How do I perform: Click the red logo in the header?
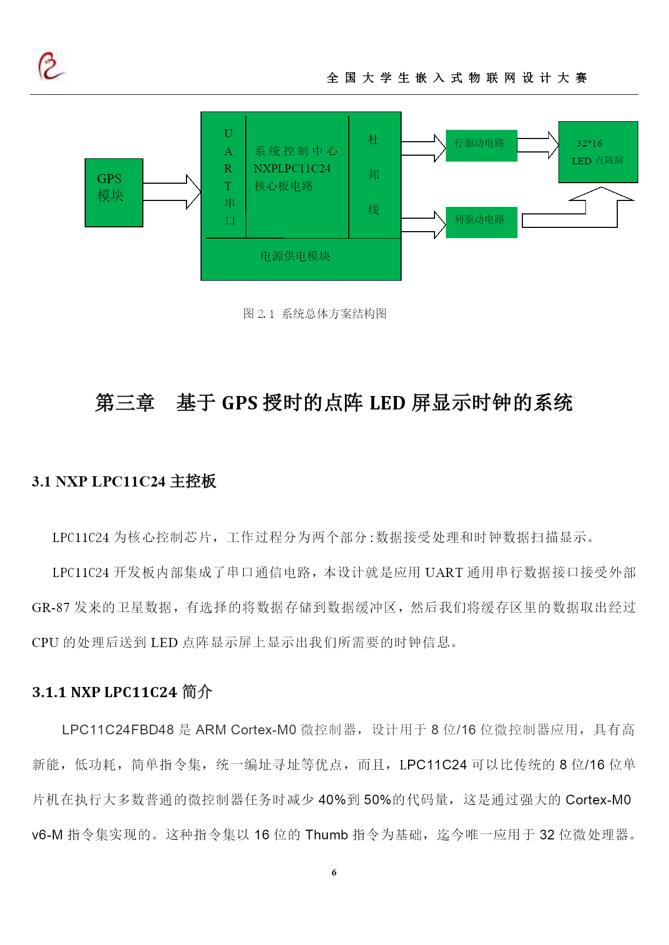(x=51, y=65)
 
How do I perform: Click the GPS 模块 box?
(x=114, y=192)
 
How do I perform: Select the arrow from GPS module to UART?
(x=172, y=192)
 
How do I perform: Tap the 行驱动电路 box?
(x=481, y=145)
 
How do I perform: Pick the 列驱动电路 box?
(x=481, y=222)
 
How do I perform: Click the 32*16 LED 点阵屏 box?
(x=598, y=152)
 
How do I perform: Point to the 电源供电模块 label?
(x=295, y=256)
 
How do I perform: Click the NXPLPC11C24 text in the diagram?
(x=292, y=169)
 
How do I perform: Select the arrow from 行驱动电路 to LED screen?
(x=538, y=145)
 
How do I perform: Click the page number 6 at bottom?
(x=334, y=872)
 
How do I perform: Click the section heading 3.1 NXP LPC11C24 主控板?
(x=124, y=481)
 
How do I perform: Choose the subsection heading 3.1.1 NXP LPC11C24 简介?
(x=122, y=692)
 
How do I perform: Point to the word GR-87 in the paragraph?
(x=51, y=608)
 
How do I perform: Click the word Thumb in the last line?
(x=327, y=835)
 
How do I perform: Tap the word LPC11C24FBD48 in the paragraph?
(x=118, y=729)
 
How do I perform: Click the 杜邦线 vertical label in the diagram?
(x=374, y=175)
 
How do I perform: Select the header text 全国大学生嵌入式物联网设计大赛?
(x=457, y=78)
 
